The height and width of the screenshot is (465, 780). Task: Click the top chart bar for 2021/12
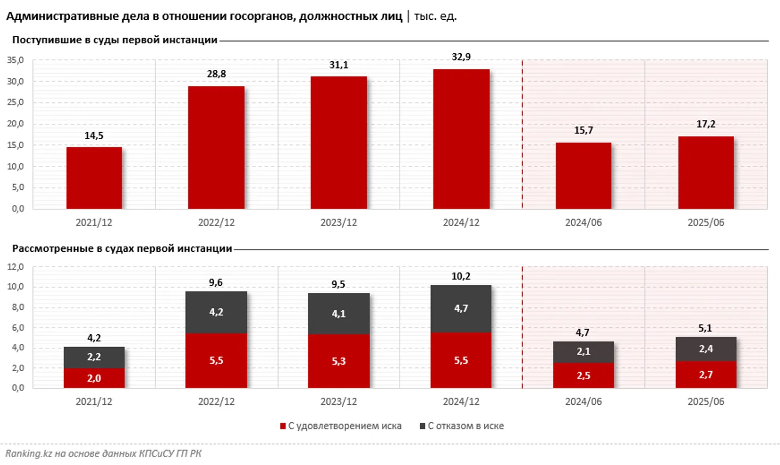(x=94, y=178)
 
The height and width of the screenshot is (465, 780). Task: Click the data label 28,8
(x=216, y=74)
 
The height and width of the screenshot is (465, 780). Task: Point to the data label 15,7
(x=583, y=131)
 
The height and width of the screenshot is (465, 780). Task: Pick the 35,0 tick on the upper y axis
(x=15, y=61)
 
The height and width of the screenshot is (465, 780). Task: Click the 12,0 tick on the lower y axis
(x=15, y=267)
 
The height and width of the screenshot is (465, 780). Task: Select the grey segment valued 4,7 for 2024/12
(x=461, y=309)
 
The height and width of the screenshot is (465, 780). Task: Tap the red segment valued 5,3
(x=338, y=361)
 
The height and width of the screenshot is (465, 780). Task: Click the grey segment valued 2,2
(x=94, y=357)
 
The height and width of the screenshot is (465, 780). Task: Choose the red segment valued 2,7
(x=705, y=375)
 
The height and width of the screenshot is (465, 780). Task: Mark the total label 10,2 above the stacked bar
(x=461, y=276)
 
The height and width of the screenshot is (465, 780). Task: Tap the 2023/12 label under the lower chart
(x=338, y=402)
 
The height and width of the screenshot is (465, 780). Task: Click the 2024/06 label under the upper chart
(x=583, y=222)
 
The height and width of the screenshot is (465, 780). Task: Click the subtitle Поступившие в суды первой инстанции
(x=115, y=40)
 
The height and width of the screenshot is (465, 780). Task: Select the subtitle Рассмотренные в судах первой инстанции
(x=122, y=248)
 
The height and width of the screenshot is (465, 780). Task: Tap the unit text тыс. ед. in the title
(x=435, y=17)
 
